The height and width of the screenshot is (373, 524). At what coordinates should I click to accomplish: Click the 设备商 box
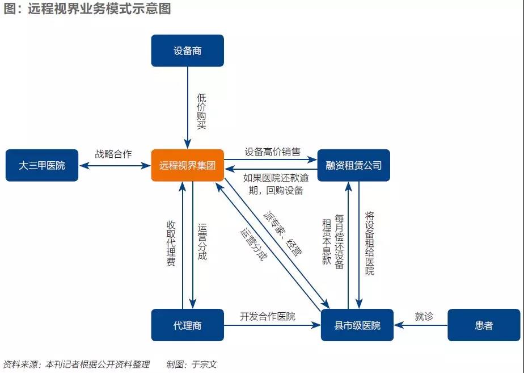187,51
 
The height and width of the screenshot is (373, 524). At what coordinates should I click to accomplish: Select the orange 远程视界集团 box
187,165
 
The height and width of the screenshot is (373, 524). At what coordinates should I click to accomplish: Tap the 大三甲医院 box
42,165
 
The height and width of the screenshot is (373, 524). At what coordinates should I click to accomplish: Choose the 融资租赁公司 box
353,165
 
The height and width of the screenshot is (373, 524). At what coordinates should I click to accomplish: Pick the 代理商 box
187,325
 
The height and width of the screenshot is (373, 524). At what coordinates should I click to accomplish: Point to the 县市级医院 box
357,325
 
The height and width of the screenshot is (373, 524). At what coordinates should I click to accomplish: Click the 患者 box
484,325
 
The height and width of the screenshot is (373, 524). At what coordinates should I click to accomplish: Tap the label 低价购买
201,111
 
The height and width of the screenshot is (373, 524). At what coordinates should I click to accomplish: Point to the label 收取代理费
171,244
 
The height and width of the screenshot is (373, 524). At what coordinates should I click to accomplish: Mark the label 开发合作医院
268,316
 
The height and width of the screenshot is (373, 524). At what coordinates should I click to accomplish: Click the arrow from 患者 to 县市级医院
421,325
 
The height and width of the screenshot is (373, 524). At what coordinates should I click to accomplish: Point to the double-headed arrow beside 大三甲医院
115,166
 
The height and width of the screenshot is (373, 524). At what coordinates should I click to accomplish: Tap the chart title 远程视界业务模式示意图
87,9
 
